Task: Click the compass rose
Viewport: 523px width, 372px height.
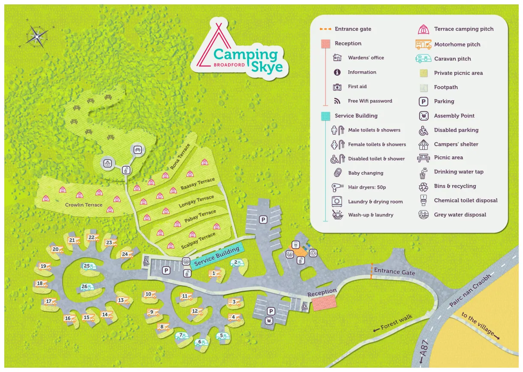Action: coord(37,36)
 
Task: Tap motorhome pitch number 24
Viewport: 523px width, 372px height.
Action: coord(126,255)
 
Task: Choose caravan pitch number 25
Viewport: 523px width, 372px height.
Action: coord(89,267)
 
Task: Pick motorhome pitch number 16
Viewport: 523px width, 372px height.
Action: coord(69,318)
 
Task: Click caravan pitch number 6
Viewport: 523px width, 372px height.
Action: coord(201,342)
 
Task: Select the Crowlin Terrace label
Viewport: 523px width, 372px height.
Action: coord(84,205)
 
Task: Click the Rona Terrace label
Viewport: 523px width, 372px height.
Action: coord(180,156)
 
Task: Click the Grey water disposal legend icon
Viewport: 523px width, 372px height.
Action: coord(423,215)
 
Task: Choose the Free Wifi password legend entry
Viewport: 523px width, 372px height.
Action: coord(370,101)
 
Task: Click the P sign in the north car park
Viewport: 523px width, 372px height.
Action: coord(263,219)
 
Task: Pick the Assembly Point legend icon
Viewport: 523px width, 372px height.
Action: coord(423,116)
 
